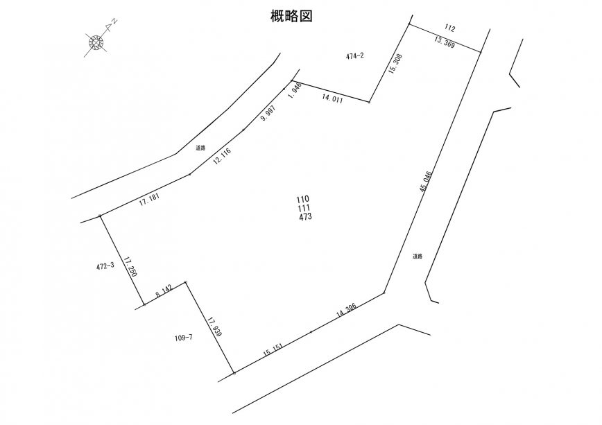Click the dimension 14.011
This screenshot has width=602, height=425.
(x=334, y=99)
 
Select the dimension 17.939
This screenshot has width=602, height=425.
(x=214, y=328)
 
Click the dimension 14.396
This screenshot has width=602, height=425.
(x=347, y=309)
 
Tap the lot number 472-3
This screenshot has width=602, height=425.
(x=105, y=266)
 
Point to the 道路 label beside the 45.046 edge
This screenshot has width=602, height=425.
(x=417, y=256)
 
